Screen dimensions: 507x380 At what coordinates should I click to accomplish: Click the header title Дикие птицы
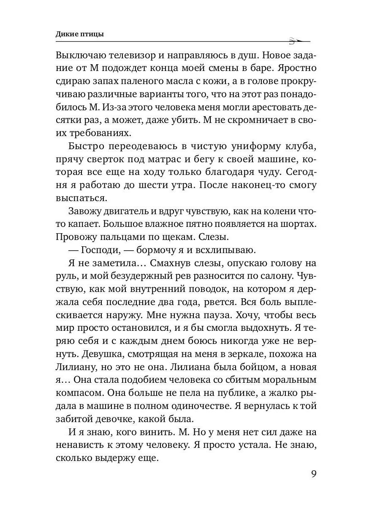click(80, 35)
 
